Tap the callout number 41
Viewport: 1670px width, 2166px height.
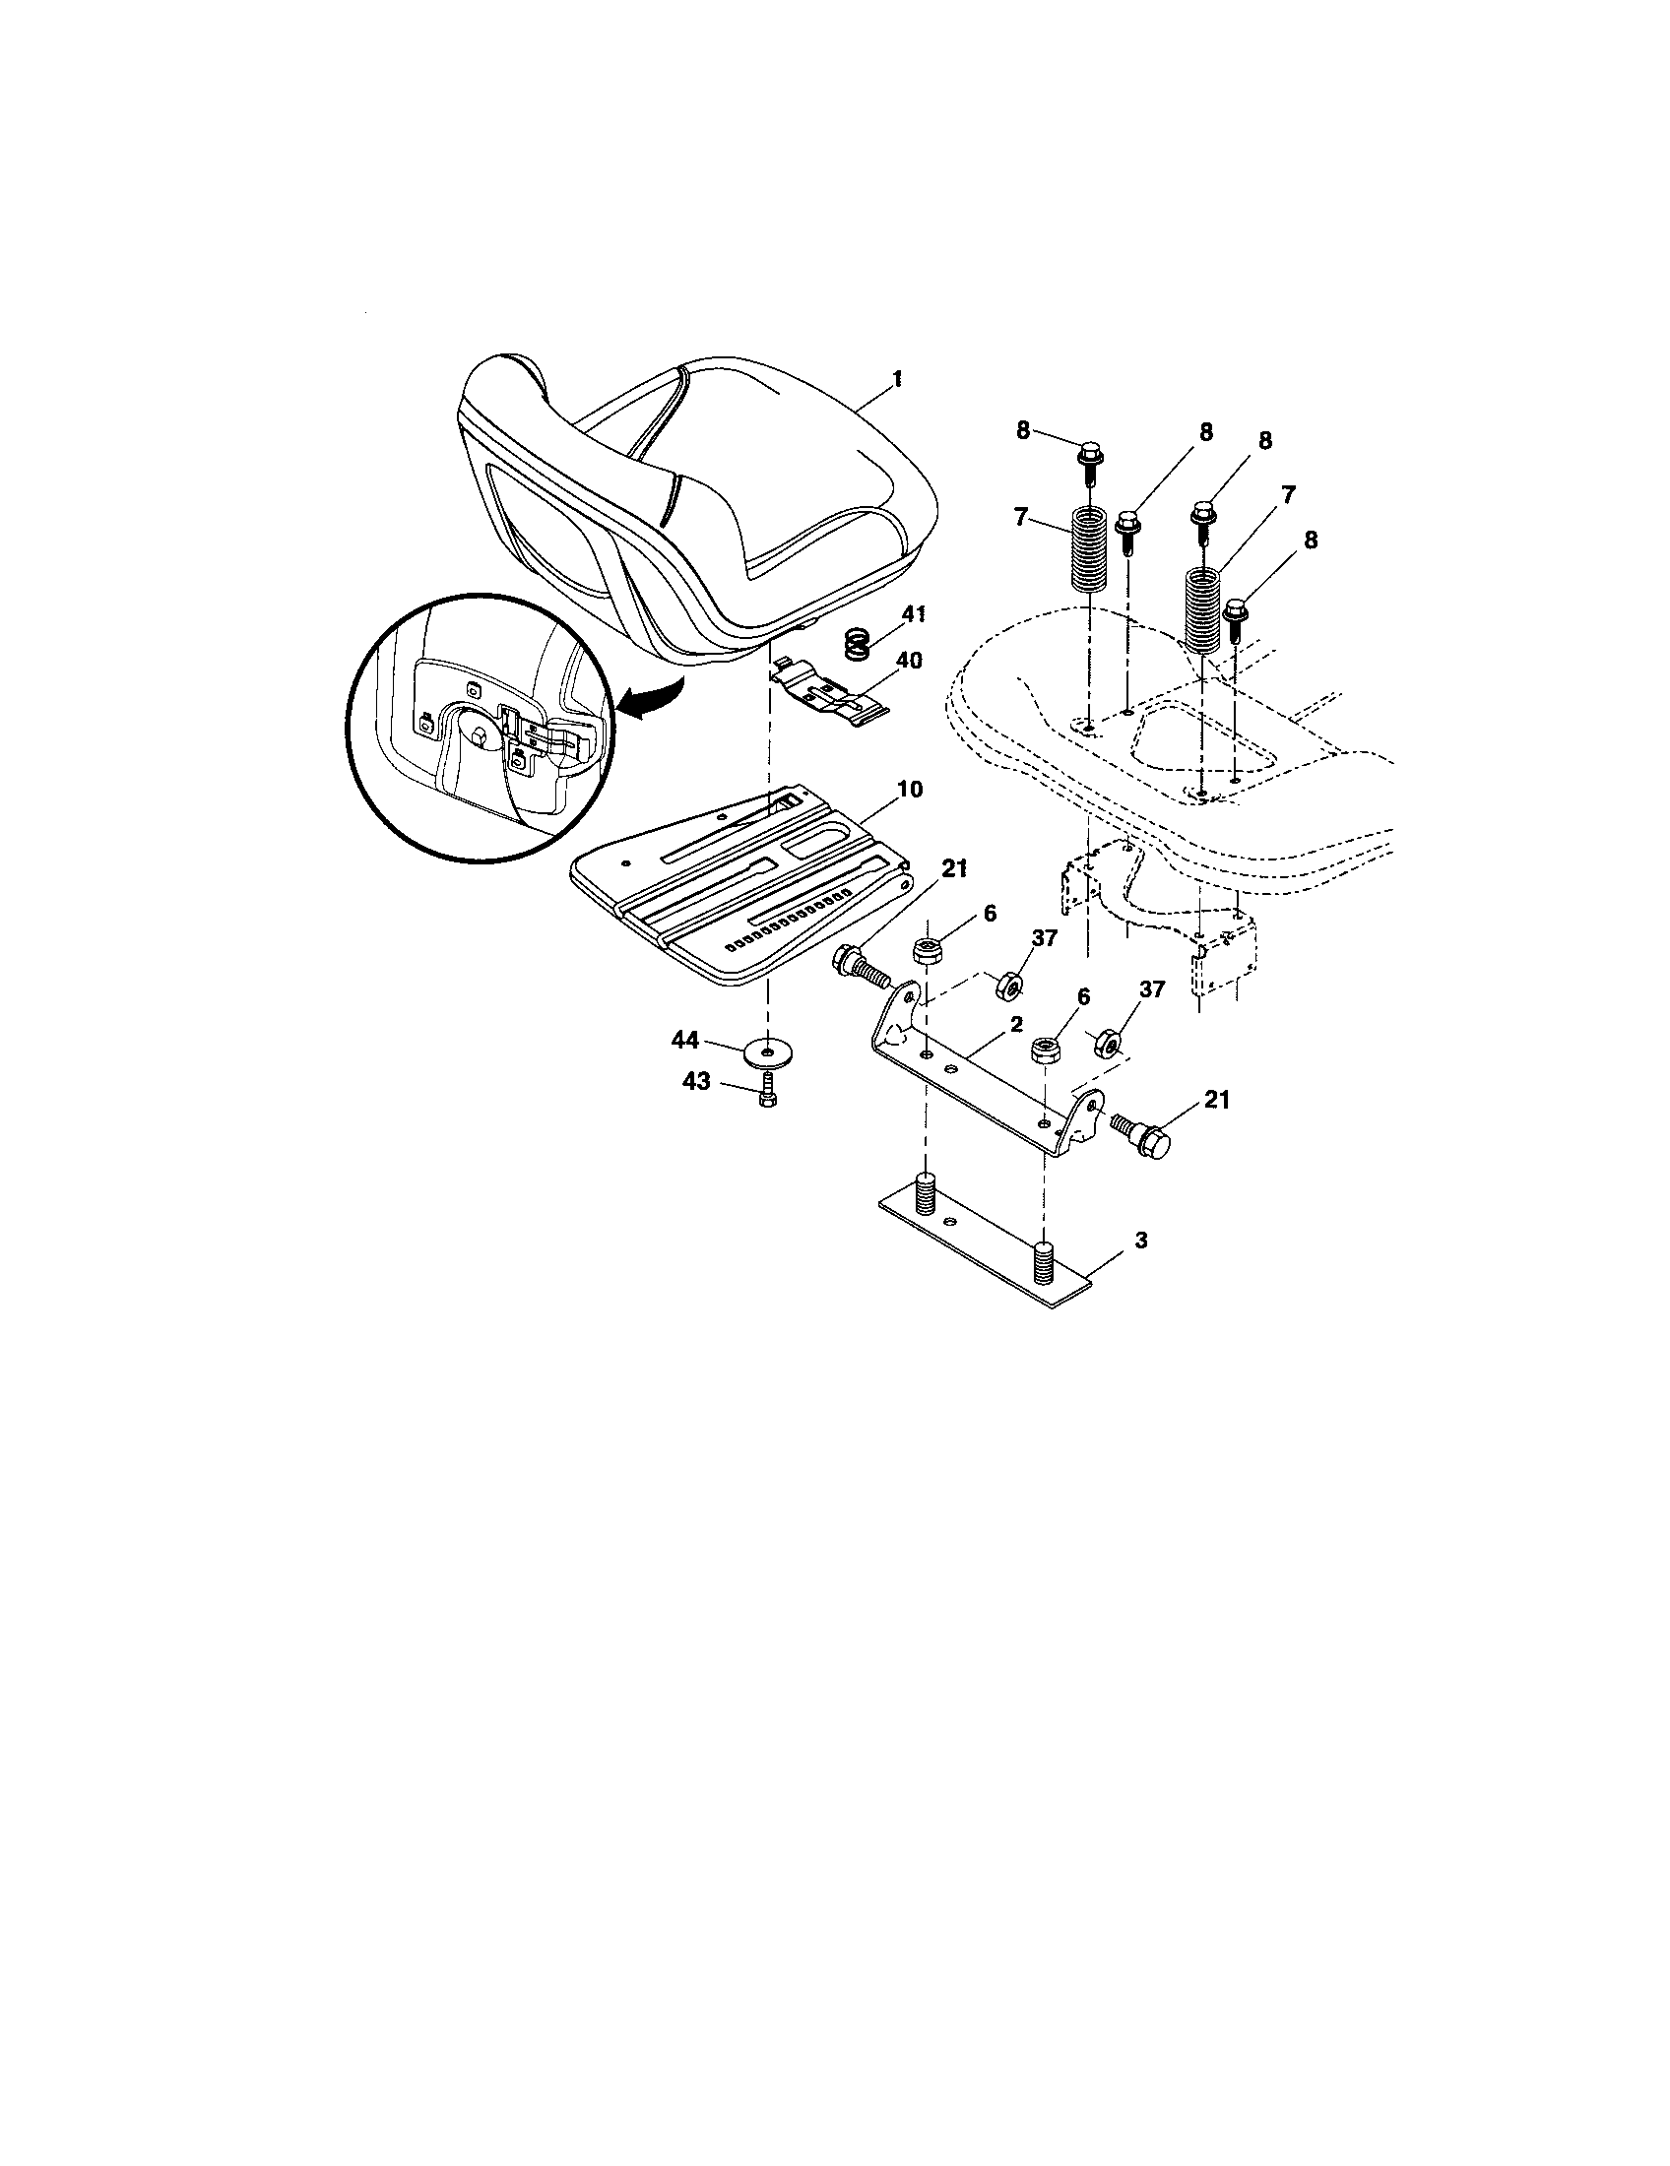[914, 614]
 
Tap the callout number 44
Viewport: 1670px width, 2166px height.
[684, 1040]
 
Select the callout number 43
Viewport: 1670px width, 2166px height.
[695, 1081]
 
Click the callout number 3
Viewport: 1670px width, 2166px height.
[1141, 1240]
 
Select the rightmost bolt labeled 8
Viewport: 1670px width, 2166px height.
[1236, 618]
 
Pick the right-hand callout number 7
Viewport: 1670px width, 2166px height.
[1288, 493]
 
